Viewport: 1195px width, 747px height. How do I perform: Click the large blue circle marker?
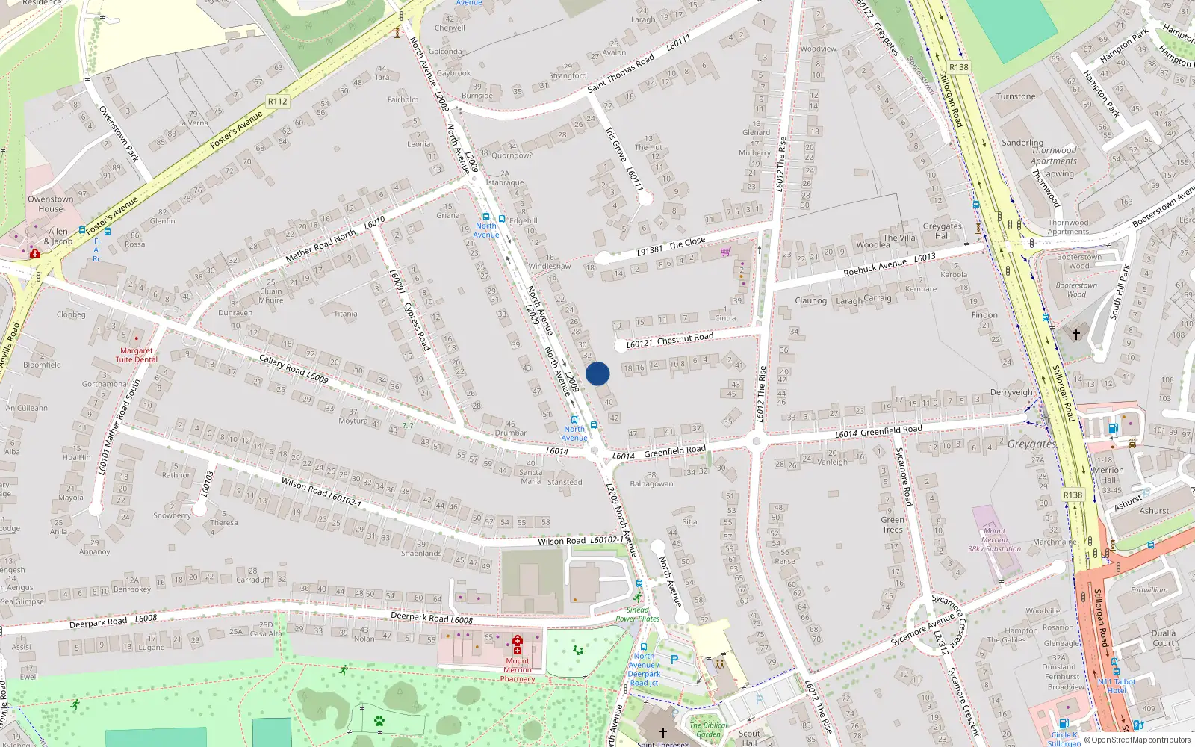597,373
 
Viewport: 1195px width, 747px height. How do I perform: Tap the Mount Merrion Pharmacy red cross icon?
518,641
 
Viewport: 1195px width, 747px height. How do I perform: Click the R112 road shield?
277,102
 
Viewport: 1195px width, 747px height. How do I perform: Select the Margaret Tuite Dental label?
137,355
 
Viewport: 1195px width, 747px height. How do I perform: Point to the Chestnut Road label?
685,338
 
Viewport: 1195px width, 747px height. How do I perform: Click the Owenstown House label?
51,204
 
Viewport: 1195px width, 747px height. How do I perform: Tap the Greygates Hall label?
942,231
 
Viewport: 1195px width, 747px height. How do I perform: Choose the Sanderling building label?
1022,143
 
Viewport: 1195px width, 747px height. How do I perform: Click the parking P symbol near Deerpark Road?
674,660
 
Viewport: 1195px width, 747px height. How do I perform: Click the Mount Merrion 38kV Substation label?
994,539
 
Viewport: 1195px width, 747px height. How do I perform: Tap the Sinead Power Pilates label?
637,614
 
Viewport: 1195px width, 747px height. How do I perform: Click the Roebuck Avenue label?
875,267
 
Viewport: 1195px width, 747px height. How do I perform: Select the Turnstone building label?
1016,96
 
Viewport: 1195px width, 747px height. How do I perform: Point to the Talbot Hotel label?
1117,686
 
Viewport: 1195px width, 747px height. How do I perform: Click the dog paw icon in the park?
379,721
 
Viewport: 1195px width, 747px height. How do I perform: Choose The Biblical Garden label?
708,729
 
